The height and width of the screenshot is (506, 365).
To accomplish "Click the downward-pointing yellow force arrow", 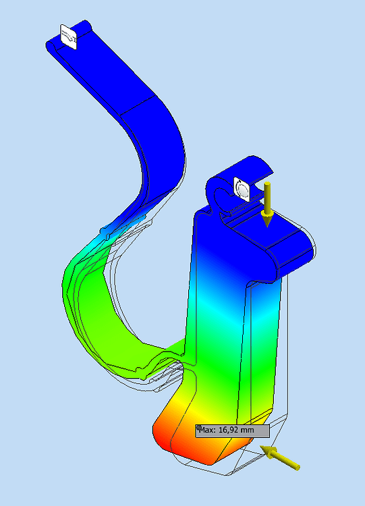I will [x=267, y=202].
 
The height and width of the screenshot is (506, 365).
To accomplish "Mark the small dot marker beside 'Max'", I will [x=198, y=428].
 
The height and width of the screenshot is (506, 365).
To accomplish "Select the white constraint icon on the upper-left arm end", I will [x=69, y=36].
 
